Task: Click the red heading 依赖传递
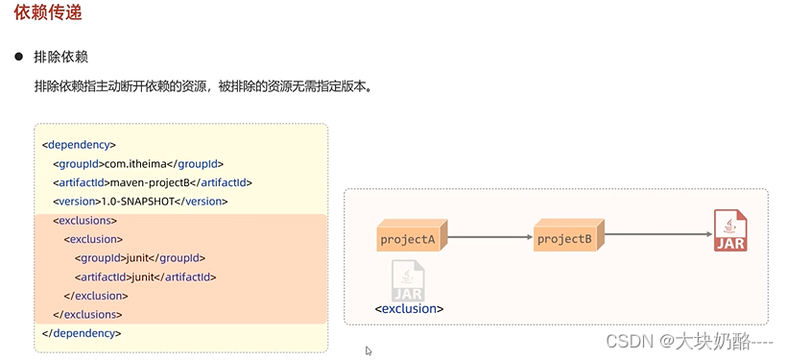tap(47, 12)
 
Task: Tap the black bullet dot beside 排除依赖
tap(18, 57)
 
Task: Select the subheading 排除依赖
tap(60, 57)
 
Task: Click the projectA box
tap(412, 235)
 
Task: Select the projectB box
tap(568, 235)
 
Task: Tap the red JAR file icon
tap(730, 230)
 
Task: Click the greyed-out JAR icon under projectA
tap(408, 280)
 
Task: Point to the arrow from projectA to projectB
tap(490, 236)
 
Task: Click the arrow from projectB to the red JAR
tap(658, 234)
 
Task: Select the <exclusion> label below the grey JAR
tap(409, 308)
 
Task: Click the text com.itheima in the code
tap(138, 164)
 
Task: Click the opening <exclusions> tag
tap(84, 220)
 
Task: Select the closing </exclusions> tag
tap(87, 314)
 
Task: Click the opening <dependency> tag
tap(79, 145)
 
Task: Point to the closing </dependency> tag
tap(82, 333)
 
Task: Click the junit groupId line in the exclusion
tap(140, 258)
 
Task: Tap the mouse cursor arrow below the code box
tap(369, 350)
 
